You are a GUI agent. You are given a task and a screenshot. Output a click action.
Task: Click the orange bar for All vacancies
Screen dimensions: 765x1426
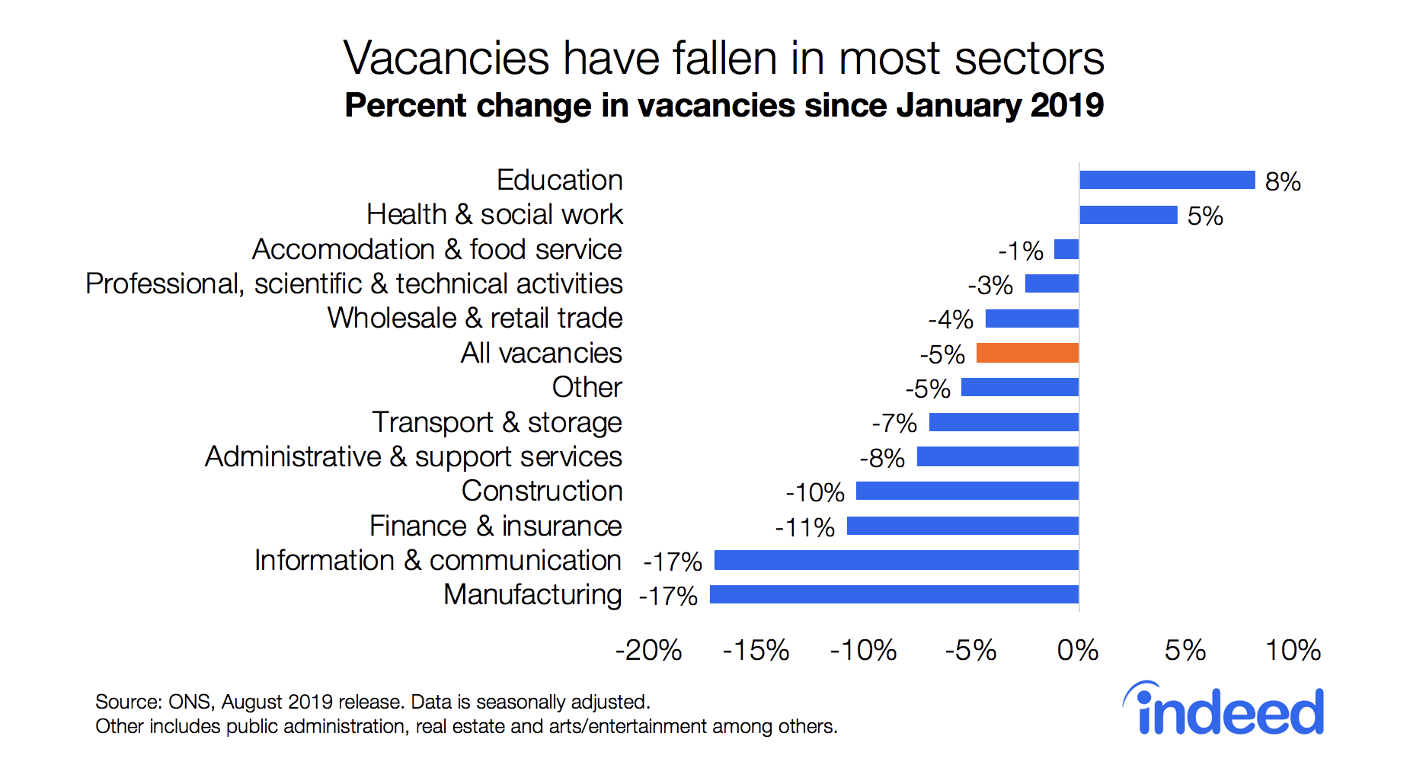[1027, 353]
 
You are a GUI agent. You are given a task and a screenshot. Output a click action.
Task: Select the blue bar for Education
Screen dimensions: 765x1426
[1166, 180]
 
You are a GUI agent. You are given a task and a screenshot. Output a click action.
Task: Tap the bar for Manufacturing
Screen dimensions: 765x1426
[894, 594]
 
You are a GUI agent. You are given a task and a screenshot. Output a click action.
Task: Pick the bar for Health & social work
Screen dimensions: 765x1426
[1128, 215]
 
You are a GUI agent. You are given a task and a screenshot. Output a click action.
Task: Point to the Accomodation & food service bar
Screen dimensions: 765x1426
[1066, 249]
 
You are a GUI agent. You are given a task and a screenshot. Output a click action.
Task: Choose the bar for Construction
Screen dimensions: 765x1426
[967, 491]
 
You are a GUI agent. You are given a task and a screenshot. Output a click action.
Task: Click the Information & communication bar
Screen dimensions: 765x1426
[896, 560]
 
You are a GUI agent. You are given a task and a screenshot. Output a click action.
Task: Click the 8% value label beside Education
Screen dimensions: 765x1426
[1283, 182]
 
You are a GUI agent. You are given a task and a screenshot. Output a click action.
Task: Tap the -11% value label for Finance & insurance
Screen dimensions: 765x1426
[804, 527]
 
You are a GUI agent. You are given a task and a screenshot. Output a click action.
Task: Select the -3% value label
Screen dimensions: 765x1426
[990, 286]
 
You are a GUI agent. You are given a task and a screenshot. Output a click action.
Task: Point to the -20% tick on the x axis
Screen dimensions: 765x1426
[648, 651]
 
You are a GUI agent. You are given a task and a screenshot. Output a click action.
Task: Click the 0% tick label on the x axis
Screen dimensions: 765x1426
[1078, 651]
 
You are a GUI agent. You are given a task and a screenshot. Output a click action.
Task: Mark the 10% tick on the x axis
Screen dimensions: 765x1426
[1293, 651]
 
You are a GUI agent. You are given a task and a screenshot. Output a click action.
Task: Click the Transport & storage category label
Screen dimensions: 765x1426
[497, 422]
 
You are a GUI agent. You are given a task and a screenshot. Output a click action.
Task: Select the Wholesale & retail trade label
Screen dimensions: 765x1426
[475, 318]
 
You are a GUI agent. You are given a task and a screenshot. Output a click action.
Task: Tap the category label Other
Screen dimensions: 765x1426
[587, 387]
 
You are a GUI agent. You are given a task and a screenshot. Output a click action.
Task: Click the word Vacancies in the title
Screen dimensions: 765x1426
[446, 58]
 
